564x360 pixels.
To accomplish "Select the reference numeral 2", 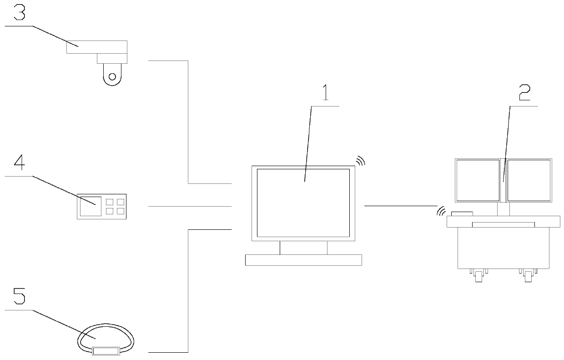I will click(x=524, y=94).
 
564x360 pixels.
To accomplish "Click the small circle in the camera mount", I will click(x=112, y=76).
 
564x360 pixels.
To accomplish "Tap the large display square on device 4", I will click(x=91, y=206).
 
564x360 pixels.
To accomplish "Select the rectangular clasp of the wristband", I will click(x=106, y=351).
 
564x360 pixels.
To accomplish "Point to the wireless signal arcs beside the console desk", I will click(x=440, y=211).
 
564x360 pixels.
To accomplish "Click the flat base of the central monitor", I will click(x=303, y=260).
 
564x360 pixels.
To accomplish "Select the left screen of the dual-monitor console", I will click(x=478, y=180).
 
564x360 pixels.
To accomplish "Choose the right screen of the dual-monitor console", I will click(x=529, y=180).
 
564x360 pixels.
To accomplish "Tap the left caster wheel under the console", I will click(x=478, y=276).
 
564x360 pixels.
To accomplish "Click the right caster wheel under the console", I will click(x=528, y=276).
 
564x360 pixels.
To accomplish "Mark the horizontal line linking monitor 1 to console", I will click(x=400, y=206).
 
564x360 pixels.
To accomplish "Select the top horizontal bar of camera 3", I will click(x=96, y=47).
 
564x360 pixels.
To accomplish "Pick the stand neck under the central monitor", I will click(x=303, y=248).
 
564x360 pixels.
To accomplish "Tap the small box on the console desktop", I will click(x=462, y=213).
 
